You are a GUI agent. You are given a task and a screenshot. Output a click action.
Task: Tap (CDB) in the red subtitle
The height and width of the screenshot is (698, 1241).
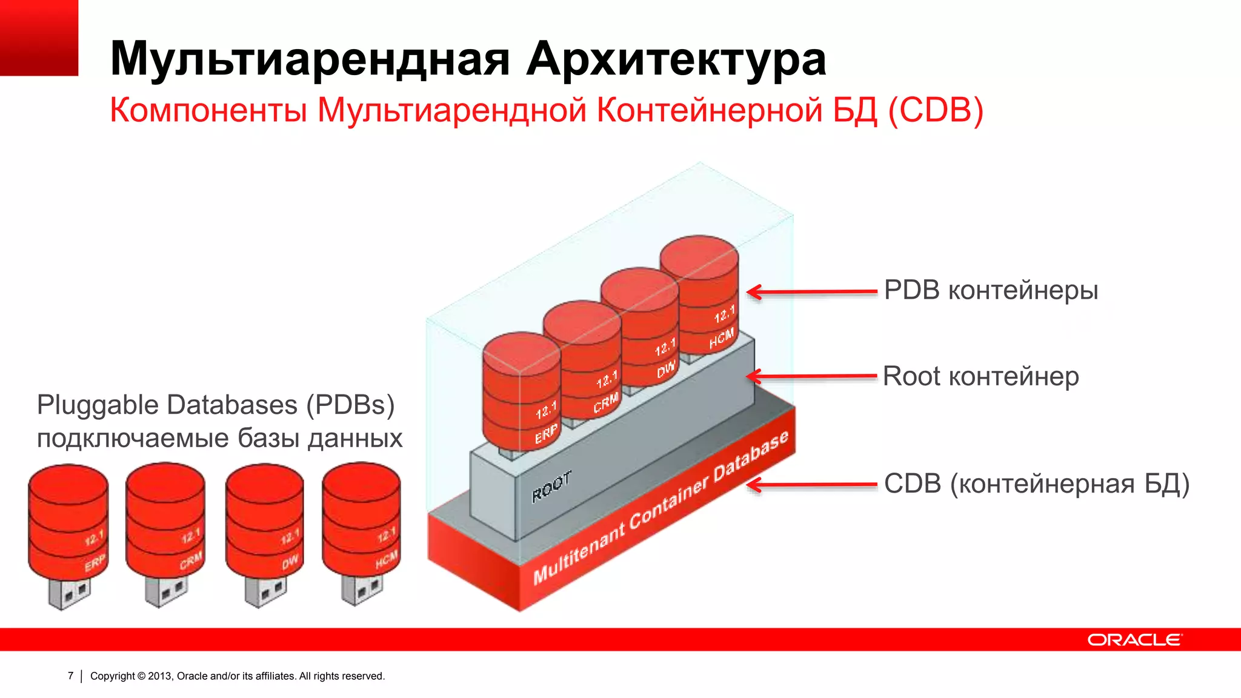936,110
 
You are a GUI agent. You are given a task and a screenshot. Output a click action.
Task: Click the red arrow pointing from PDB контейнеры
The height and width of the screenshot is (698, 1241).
812,292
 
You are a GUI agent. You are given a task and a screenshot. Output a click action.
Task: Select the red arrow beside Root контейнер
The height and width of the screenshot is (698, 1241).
812,376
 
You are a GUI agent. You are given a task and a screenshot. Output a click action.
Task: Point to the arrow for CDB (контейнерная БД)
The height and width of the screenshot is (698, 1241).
812,485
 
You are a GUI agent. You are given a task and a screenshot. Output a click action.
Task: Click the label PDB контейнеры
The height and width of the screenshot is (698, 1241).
991,290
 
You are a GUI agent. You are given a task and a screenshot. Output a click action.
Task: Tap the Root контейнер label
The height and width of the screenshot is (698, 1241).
980,376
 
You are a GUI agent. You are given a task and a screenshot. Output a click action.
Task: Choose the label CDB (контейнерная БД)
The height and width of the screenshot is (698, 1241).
1036,484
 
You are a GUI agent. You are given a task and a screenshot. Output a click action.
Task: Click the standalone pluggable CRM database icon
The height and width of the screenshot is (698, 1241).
165,521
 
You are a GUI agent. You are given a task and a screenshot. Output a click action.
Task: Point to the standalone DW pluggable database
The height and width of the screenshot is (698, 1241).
265,521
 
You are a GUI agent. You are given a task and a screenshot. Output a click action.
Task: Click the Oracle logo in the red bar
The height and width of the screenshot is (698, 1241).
1134,640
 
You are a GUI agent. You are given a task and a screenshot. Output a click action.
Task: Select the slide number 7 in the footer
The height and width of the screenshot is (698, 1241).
71,676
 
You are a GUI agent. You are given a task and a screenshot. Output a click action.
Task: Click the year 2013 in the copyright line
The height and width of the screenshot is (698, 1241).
160,676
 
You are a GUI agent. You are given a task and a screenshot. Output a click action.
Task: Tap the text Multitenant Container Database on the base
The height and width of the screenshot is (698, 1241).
660,508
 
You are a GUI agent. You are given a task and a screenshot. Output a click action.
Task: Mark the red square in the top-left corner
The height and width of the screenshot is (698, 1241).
39,38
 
